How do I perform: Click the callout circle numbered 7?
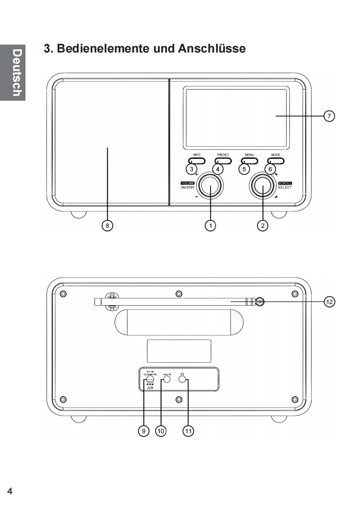point(330,116)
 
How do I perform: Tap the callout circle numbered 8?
point(107,225)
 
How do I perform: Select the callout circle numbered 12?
point(330,301)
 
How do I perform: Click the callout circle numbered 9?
point(144,431)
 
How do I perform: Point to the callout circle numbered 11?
point(188,431)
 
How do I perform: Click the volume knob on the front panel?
point(211,185)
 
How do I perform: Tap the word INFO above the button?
point(197,155)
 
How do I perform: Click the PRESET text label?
point(223,155)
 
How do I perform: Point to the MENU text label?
point(250,155)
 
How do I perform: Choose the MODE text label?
point(276,155)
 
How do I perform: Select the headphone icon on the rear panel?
point(182,374)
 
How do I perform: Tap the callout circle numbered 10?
point(161,431)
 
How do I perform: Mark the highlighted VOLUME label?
point(187,182)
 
